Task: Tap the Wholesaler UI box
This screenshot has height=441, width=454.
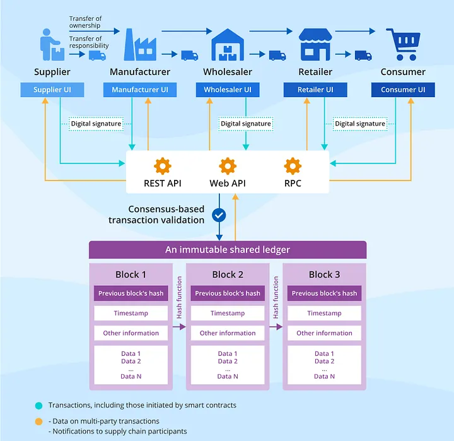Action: click(228, 90)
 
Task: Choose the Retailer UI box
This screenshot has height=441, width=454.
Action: click(316, 90)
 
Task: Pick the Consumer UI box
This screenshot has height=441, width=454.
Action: click(403, 90)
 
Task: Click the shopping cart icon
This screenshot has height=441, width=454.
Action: click(402, 44)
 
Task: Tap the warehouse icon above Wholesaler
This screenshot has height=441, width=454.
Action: click(228, 44)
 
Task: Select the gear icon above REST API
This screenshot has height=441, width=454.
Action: click(163, 166)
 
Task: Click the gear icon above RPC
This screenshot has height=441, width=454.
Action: click(293, 166)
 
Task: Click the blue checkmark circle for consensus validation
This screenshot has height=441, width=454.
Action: click(219, 215)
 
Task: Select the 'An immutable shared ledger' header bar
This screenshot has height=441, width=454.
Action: click(228, 250)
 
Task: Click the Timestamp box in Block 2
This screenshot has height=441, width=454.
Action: click(228, 313)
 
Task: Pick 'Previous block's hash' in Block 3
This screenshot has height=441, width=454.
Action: click(324, 293)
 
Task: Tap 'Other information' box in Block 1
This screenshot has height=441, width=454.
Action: click(131, 332)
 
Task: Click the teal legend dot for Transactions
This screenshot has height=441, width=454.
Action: click(39, 406)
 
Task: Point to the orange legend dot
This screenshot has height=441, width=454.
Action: click(39, 421)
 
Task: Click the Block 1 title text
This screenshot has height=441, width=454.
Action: click(131, 274)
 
